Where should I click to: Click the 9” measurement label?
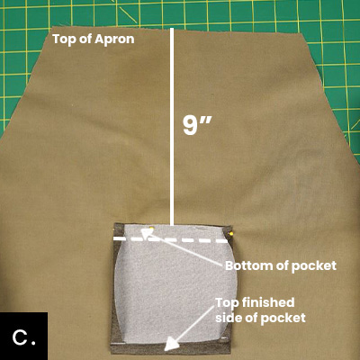click(197, 125)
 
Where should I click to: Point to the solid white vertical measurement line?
click(172, 127)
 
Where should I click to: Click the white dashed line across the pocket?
click(170, 239)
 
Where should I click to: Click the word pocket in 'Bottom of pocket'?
click(319, 266)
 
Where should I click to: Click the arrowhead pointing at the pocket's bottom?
click(146, 233)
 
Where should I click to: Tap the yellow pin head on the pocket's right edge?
click(231, 233)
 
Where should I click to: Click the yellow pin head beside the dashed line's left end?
click(152, 229)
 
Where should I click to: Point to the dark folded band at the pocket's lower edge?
click(171, 348)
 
